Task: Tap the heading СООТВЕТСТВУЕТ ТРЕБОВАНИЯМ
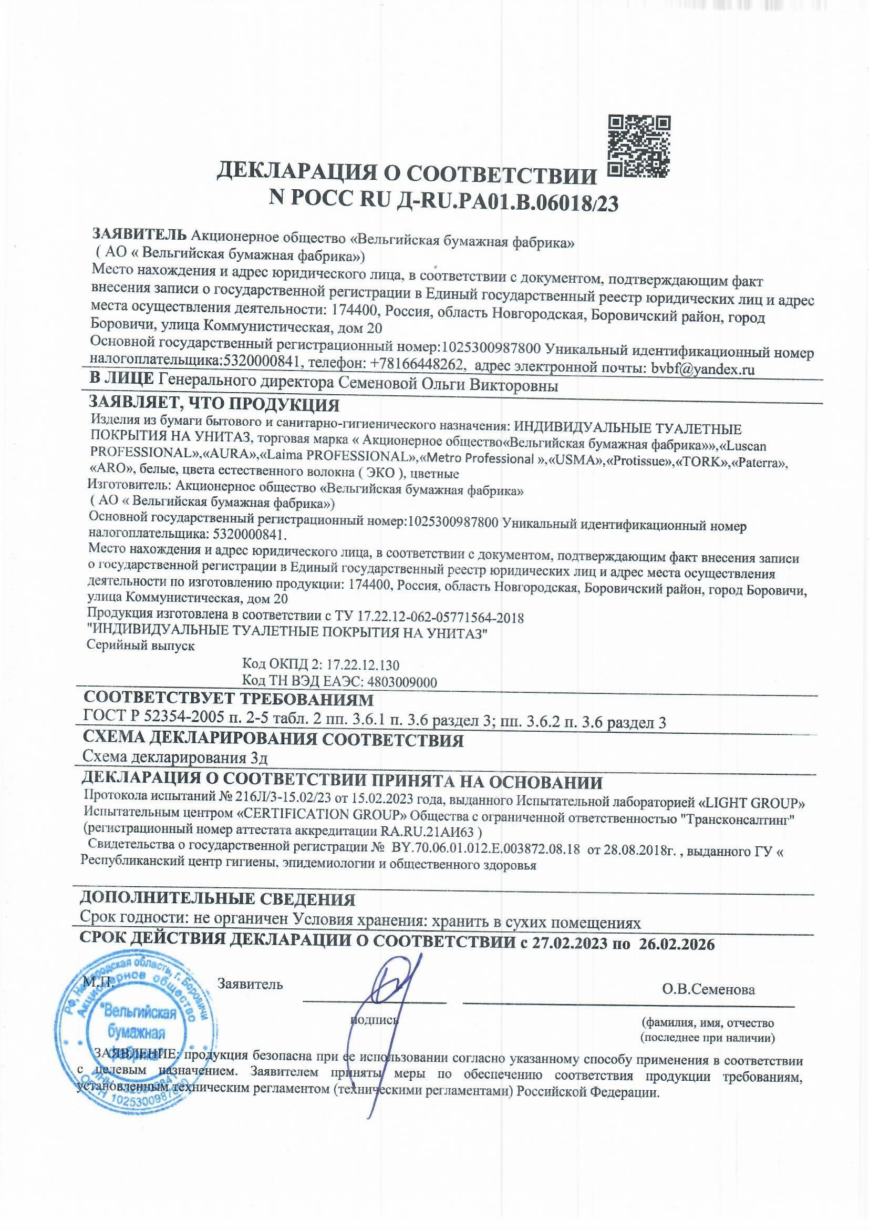point(229,700)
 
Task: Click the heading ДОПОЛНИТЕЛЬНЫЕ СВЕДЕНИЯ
point(218,899)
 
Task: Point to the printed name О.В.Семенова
point(708,989)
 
